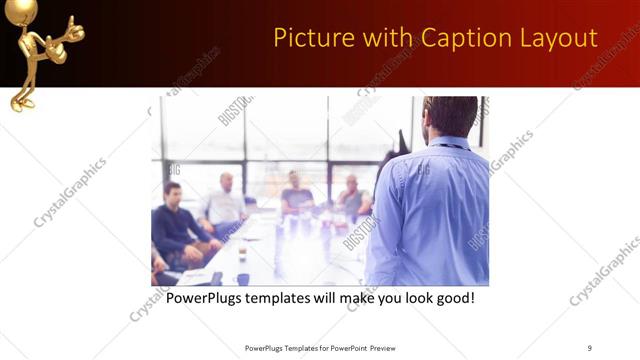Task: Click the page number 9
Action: (x=590, y=348)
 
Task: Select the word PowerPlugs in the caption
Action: (x=208, y=298)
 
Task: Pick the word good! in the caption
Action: (x=451, y=298)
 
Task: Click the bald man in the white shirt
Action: (x=225, y=200)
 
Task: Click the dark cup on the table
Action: (x=242, y=279)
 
